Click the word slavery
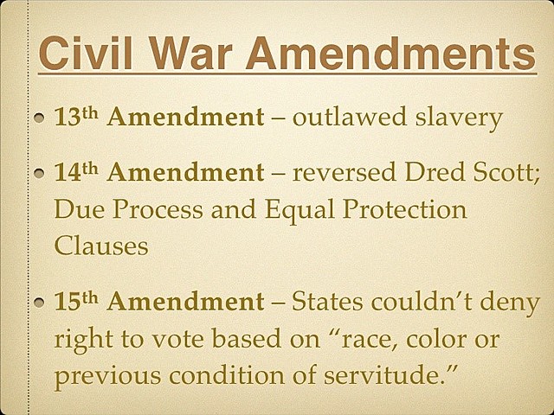461,118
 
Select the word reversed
343,174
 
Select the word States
331,303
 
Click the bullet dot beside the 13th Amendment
39,118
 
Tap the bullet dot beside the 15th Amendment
39,304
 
